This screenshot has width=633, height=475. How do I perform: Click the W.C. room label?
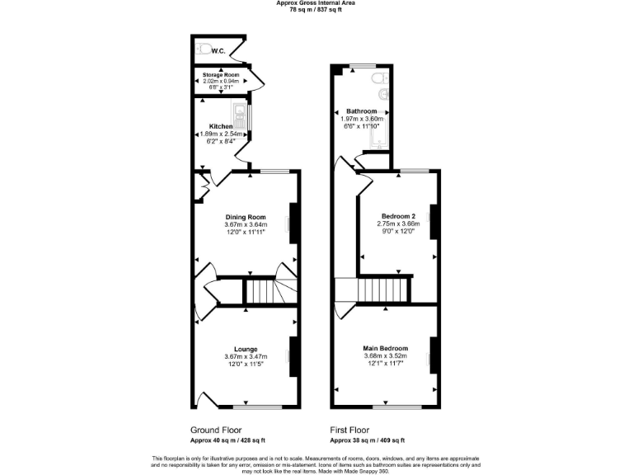(x=218, y=51)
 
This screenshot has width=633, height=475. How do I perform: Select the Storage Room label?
(x=221, y=75)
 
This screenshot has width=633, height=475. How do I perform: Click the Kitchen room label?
(x=221, y=126)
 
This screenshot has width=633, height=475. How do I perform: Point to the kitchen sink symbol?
(x=241, y=115)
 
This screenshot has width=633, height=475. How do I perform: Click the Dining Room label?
(x=246, y=217)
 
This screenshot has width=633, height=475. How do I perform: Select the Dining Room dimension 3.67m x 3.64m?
(x=246, y=225)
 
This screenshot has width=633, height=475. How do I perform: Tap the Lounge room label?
(x=246, y=349)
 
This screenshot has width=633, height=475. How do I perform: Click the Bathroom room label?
(x=362, y=111)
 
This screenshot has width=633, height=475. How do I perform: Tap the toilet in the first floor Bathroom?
(x=377, y=79)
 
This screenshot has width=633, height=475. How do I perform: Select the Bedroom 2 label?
(x=398, y=216)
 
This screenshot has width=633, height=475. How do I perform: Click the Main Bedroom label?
(x=386, y=349)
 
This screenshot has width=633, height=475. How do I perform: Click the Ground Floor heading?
(x=217, y=430)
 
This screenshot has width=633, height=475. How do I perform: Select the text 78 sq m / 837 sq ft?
(x=316, y=9)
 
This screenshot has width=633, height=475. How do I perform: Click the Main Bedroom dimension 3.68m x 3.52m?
(x=386, y=356)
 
